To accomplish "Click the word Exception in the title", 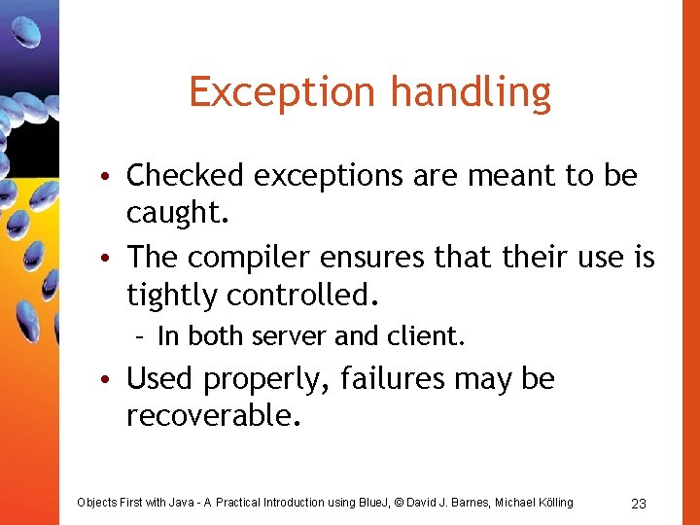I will tap(284, 92).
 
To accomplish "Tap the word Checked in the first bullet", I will tap(186, 176).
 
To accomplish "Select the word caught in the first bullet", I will tap(177, 214).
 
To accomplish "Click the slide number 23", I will tap(639, 503).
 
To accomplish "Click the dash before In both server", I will tap(141, 337).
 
